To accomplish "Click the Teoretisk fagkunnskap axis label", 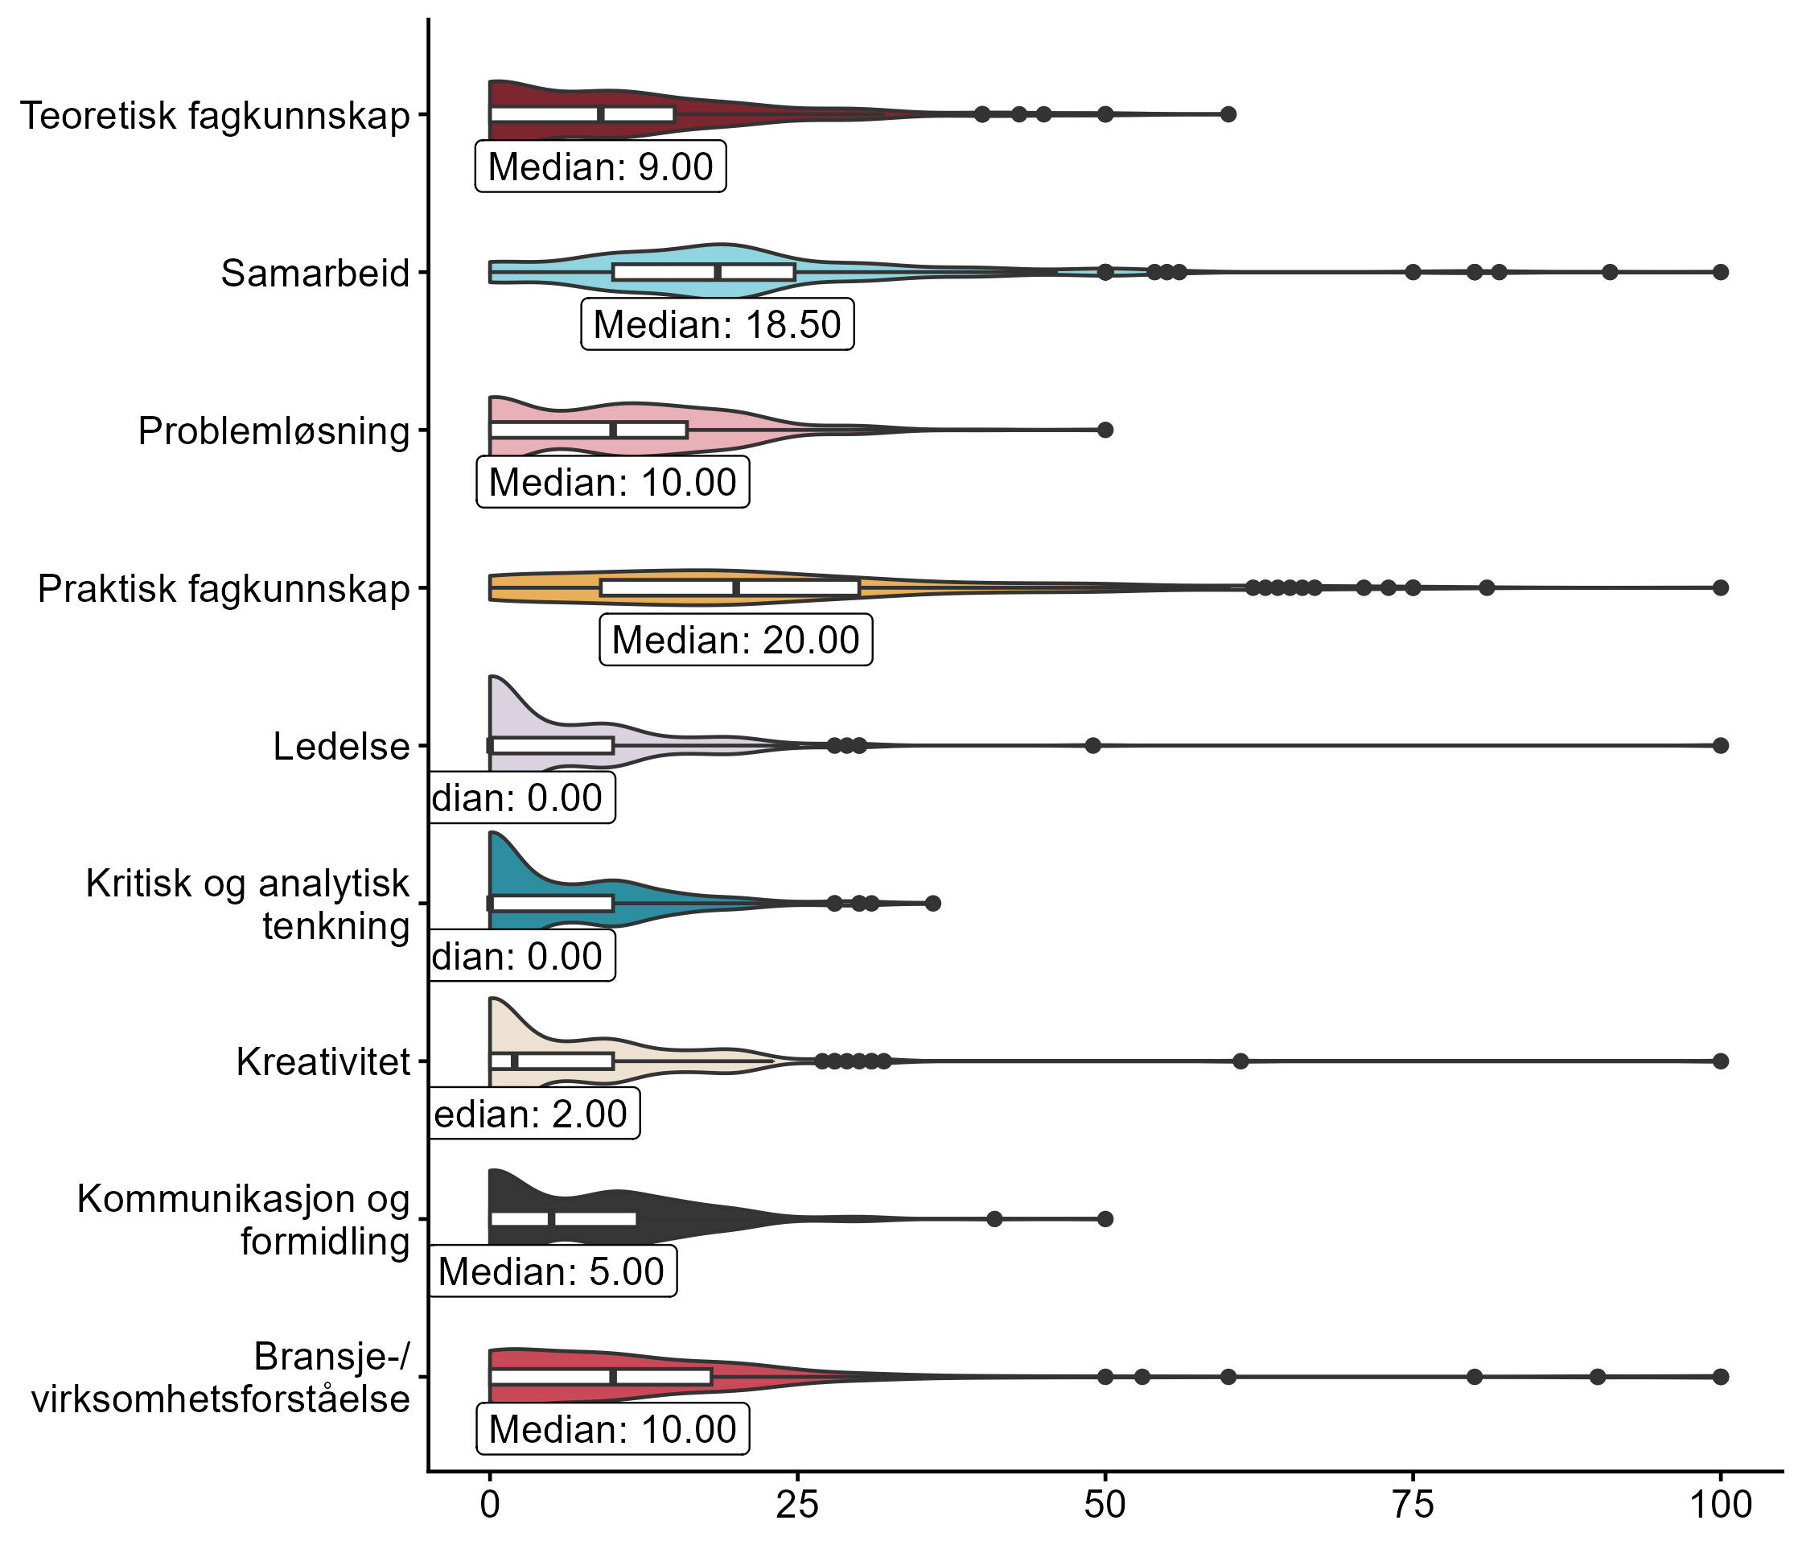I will [214, 116].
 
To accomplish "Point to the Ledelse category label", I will [341, 747].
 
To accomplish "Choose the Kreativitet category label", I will [323, 1062].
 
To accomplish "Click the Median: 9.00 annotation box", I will [600, 166].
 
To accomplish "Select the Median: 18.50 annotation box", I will [717, 324].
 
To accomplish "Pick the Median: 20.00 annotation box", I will [736, 641].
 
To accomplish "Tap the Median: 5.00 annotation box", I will [551, 1272].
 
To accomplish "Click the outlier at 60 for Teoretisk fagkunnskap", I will [1228, 114].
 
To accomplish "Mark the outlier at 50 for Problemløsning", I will [1105, 430].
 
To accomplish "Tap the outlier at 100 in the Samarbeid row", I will [1720, 272].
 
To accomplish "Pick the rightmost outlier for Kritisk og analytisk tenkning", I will [933, 903].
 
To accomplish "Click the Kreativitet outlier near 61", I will [1241, 1061].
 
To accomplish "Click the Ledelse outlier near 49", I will [1093, 745].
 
